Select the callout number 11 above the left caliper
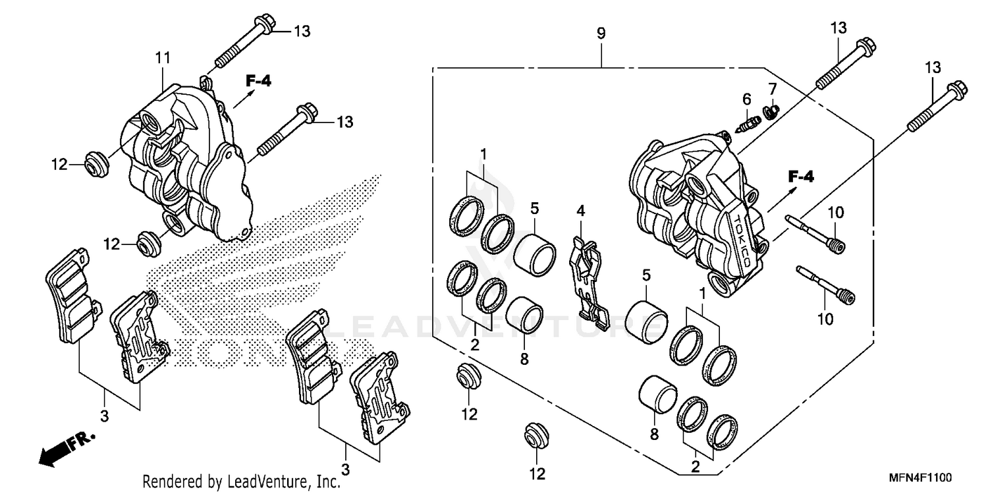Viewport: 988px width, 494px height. pos(163,59)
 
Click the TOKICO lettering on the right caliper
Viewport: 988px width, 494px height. pos(742,240)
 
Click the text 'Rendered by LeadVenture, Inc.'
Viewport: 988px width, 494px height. pos(242,481)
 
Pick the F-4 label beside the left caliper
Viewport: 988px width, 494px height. pos(258,81)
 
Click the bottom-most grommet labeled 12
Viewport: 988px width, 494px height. pos(535,435)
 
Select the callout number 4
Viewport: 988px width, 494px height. pos(580,211)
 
